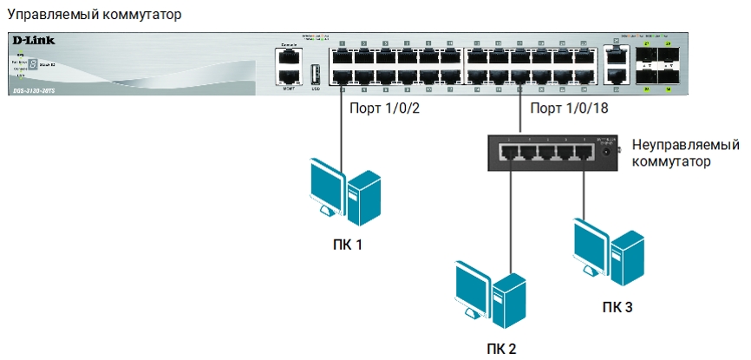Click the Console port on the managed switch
point(290,57)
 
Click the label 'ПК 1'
point(346,245)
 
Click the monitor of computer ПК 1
point(327,184)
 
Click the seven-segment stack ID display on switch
point(32,64)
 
